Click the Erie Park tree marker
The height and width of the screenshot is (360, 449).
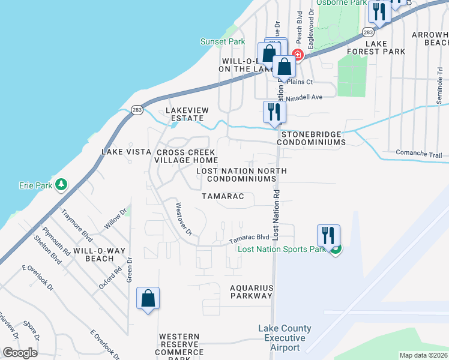(61, 185)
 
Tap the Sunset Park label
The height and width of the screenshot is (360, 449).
(223, 42)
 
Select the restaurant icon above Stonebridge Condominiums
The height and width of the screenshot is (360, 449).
(274, 112)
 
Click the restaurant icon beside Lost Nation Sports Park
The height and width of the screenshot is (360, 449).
(328, 235)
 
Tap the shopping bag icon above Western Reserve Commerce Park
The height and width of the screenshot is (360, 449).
(148, 298)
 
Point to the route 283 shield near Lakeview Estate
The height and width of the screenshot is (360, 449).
(137, 109)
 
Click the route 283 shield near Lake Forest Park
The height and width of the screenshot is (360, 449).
(369, 31)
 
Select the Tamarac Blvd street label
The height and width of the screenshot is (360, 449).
(249, 239)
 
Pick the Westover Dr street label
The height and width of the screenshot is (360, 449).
(183, 218)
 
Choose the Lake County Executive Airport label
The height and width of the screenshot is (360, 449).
(285, 338)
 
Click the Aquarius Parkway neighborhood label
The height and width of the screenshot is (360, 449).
(252, 292)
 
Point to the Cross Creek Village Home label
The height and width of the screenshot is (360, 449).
(186, 156)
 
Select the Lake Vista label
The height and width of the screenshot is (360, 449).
(125, 152)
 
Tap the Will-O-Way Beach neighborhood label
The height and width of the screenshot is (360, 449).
(93, 254)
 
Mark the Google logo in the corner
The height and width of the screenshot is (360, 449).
(20, 353)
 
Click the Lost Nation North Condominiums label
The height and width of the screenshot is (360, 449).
(242, 175)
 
